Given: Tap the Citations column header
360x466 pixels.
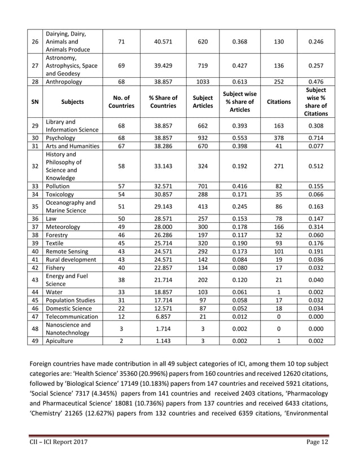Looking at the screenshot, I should [x=279, y=102].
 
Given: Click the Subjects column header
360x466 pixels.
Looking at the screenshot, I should [x=72, y=102].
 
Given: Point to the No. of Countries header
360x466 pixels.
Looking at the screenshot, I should [x=122, y=102].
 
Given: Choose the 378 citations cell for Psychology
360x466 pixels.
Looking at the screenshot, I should [x=279, y=138].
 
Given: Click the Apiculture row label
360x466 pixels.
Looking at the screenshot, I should [x=60, y=341].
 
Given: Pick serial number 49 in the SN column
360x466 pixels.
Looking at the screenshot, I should [x=35, y=341].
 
